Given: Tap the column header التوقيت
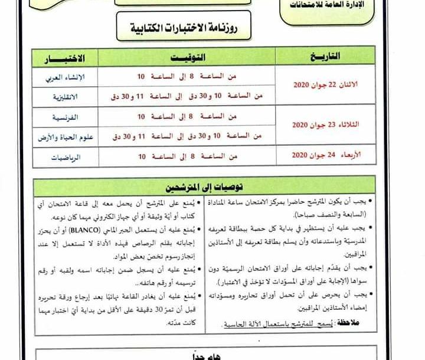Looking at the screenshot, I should tap(187, 58).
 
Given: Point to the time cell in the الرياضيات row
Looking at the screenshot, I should tap(187, 156).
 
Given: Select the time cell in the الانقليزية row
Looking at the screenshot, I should tap(187, 96).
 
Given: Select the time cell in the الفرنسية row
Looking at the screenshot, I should tap(187, 117).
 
